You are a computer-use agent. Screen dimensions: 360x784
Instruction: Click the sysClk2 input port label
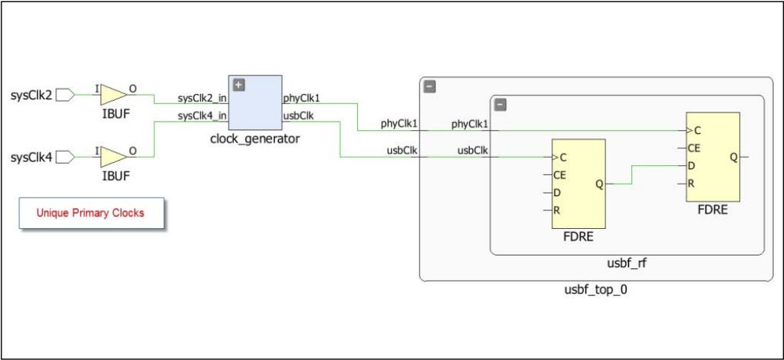[x=31, y=95]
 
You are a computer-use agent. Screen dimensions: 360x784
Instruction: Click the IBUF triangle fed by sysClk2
[x=113, y=94]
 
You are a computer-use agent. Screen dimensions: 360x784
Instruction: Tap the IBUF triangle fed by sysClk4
[x=113, y=156]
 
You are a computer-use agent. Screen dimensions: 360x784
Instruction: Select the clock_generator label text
[x=256, y=139]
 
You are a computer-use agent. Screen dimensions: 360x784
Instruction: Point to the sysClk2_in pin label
[x=202, y=99]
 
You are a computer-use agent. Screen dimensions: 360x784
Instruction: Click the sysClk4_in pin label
[x=202, y=116]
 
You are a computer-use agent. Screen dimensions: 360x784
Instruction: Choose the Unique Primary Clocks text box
[x=90, y=213]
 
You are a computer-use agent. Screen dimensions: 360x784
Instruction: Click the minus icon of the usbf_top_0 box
[x=429, y=87]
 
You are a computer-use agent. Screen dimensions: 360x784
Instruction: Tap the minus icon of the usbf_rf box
[x=500, y=105]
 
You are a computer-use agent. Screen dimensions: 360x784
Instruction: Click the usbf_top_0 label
[x=591, y=290]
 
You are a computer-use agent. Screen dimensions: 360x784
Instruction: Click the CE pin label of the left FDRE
[x=559, y=176]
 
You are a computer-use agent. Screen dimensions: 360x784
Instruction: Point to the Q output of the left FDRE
[x=598, y=184]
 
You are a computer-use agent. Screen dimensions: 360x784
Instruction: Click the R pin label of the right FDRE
[x=691, y=183]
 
